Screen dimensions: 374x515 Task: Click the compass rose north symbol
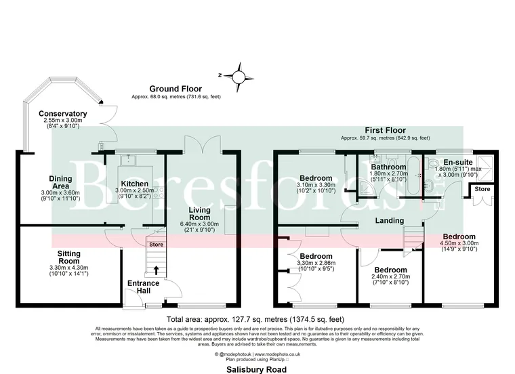(238, 75)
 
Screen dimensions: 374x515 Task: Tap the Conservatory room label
(62, 114)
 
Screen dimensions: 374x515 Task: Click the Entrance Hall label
(143, 286)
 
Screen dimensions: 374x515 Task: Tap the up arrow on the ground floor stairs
(157, 270)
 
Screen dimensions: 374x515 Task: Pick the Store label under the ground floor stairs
(157, 245)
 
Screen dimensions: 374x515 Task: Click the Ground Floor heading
(176, 89)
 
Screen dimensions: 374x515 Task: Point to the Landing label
(389, 220)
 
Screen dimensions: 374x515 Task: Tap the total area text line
(257, 318)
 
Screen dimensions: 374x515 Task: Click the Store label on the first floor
(482, 188)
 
